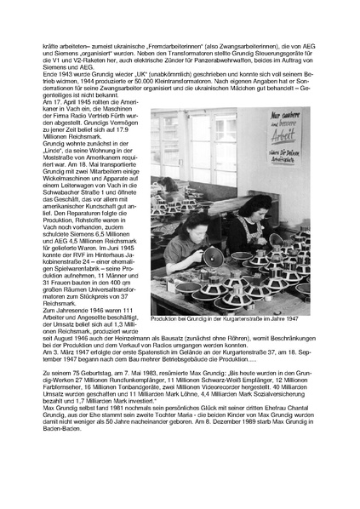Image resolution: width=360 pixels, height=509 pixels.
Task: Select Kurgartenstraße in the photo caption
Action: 242,318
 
